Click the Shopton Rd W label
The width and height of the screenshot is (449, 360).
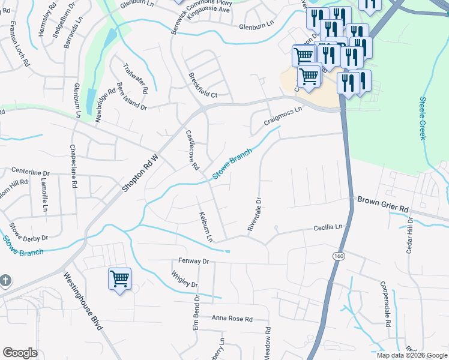140,174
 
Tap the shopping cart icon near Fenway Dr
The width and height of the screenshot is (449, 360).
119,279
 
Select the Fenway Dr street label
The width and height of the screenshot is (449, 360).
193,262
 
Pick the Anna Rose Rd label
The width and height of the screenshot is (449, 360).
232,319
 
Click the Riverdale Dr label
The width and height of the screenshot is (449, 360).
255,215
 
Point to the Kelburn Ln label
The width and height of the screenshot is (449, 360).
205,227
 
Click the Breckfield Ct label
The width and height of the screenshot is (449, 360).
202,86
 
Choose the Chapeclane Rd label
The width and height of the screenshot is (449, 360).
73,167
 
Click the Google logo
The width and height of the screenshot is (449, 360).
20,353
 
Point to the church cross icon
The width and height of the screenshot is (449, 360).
4,281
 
